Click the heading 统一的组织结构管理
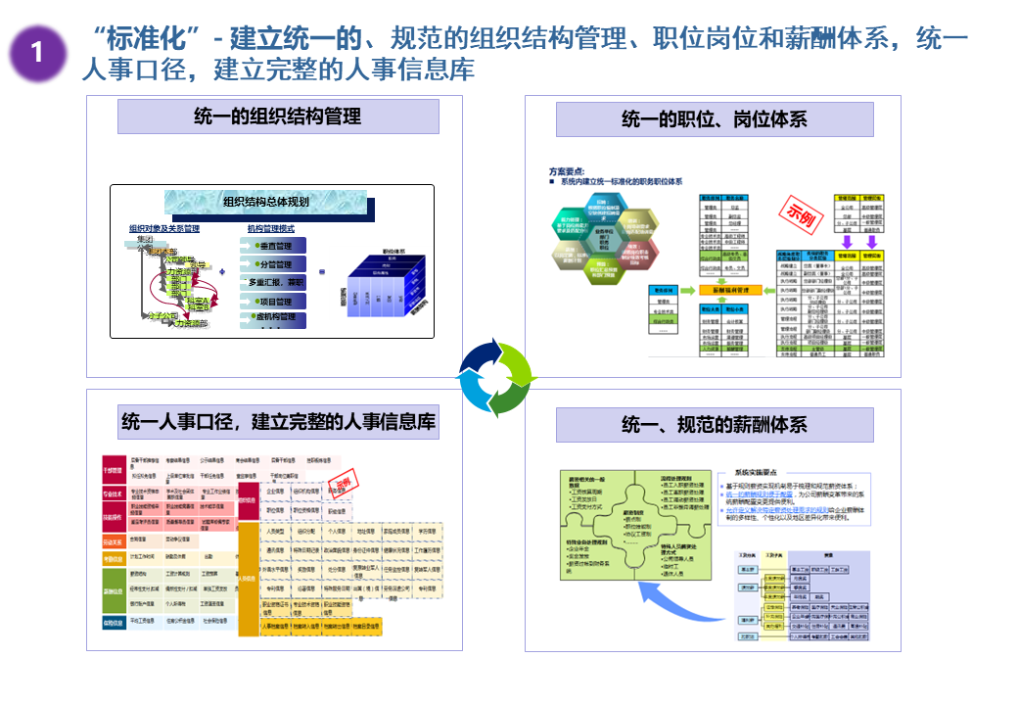click(278, 117)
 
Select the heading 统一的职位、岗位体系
click(715, 119)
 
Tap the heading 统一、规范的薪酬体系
click(715, 425)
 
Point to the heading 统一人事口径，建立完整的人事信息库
click(278, 422)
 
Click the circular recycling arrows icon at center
click(497, 378)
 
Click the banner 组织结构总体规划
click(266, 203)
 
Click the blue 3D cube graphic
click(383, 284)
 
